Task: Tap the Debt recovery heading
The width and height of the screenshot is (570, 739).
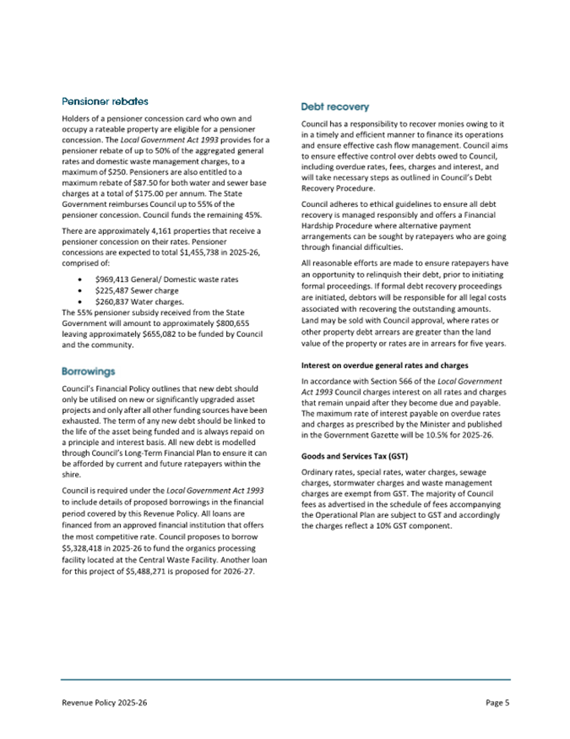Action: tap(336, 107)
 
